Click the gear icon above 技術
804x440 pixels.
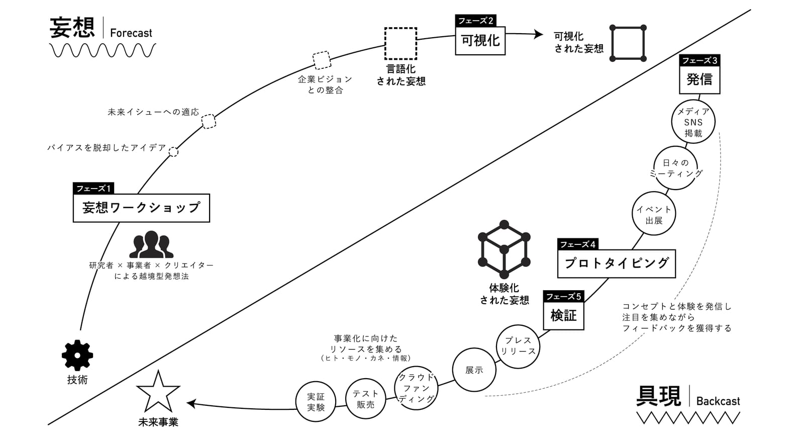pyautogui.click(x=77, y=355)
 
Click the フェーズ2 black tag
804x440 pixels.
pyautogui.click(x=475, y=21)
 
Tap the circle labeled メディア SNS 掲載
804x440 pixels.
pyautogui.click(x=693, y=100)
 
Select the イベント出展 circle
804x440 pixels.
pyautogui.click(x=654, y=192)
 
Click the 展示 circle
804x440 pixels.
pyautogui.click(x=474, y=348)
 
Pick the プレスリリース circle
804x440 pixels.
pyautogui.click(x=518, y=325)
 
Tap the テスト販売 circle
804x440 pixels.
pyautogui.click(x=366, y=379)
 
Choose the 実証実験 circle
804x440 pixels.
pyautogui.click(x=316, y=382)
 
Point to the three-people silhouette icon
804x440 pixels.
pyautogui.click(x=151, y=244)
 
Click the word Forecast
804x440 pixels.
pyautogui.click(x=131, y=33)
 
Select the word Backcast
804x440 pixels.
pyautogui.click(x=718, y=401)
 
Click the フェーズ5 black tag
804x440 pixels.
pyautogui.click(x=563, y=296)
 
